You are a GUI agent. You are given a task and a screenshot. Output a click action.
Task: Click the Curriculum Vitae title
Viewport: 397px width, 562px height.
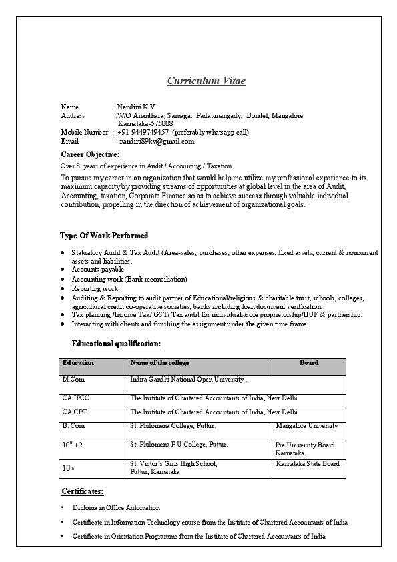206,81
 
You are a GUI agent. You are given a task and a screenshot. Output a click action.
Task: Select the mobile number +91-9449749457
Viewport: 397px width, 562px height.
144,132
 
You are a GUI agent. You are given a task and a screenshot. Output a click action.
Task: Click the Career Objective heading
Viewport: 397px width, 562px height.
90,155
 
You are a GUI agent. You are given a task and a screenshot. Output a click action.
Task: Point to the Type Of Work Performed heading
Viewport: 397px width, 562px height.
105,236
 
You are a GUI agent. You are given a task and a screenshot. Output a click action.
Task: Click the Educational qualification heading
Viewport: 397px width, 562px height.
116,344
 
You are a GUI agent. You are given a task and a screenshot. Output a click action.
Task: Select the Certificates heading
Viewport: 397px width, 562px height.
83,491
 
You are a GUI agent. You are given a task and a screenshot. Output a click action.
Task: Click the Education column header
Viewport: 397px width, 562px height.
78,363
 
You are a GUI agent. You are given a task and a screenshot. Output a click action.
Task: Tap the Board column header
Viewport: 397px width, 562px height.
308,363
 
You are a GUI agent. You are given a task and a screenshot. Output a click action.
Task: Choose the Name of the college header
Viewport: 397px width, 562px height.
159,363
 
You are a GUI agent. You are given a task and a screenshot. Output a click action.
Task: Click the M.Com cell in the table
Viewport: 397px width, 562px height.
73,380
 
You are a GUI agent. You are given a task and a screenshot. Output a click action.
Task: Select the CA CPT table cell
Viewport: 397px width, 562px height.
75,412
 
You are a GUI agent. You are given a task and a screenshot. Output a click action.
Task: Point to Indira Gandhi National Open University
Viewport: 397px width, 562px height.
189,380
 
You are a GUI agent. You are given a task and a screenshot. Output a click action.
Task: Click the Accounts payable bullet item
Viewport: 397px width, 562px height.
98,270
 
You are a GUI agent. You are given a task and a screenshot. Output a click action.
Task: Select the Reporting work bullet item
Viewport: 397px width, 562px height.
95,288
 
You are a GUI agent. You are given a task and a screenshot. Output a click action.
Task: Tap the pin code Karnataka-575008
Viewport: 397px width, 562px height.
145,123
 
